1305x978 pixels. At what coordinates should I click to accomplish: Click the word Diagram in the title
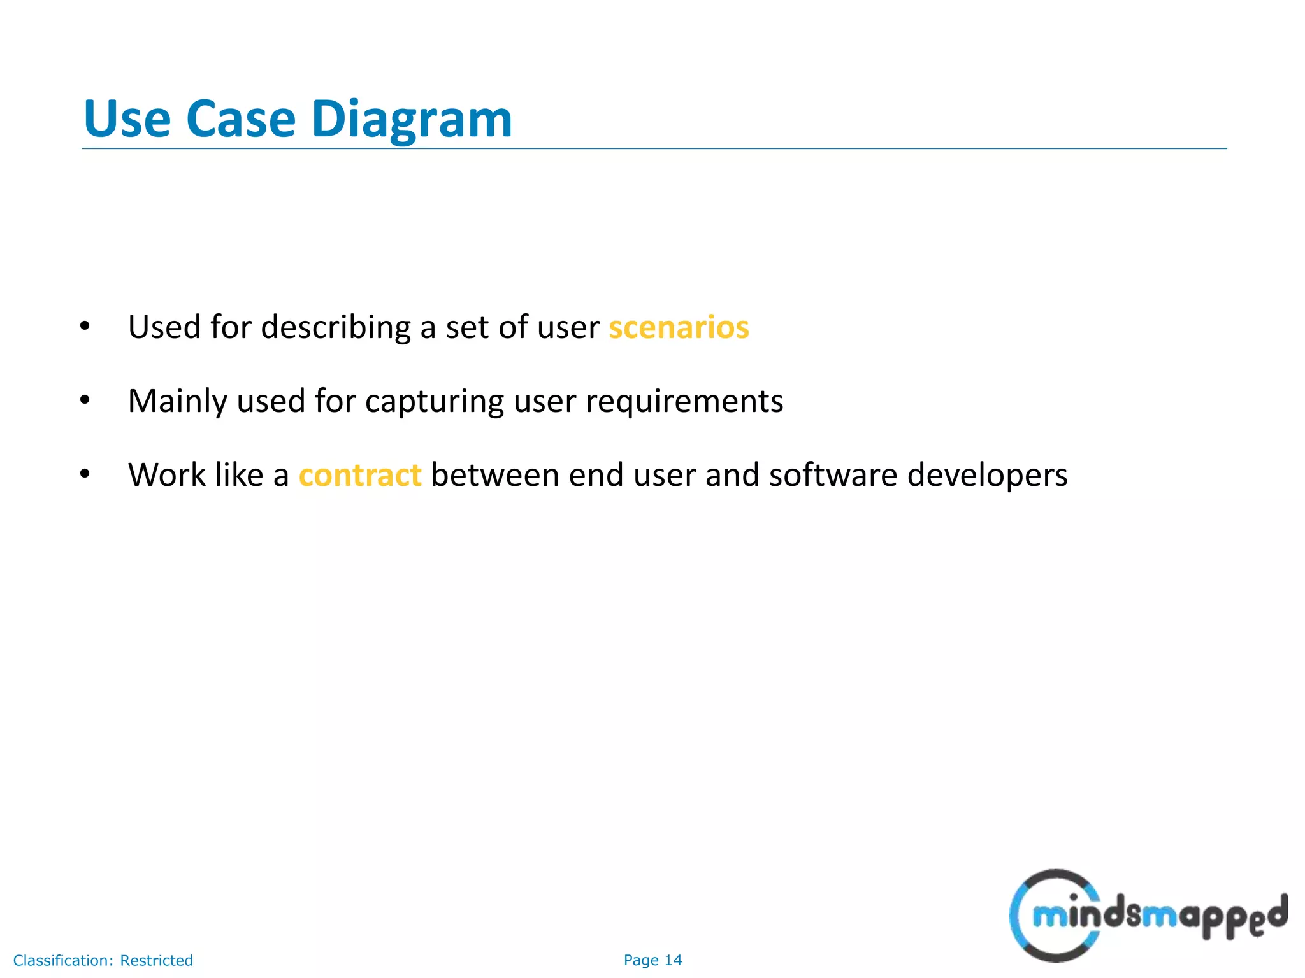(x=411, y=120)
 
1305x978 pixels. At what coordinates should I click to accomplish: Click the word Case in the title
(x=240, y=120)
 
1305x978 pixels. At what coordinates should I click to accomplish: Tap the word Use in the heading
(x=127, y=120)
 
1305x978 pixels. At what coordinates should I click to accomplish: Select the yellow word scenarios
(x=679, y=327)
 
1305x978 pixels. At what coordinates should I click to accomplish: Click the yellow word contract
(x=360, y=475)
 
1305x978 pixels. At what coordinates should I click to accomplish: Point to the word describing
(x=336, y=327)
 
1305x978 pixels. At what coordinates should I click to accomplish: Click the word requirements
(x=684, y=401)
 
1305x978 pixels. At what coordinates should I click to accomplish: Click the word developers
(x=987, y=475)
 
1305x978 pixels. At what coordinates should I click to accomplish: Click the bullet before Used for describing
(x=85, y=327)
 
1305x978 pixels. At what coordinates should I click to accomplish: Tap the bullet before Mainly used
(x=85, y=401)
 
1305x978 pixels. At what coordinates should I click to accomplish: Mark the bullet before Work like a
(x=85, y=475)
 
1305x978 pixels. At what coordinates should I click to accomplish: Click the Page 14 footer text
(x=652, y=960)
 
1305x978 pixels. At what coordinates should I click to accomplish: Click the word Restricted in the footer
(x=156, y=960)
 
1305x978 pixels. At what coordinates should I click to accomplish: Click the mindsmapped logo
(x=1147, y=916)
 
